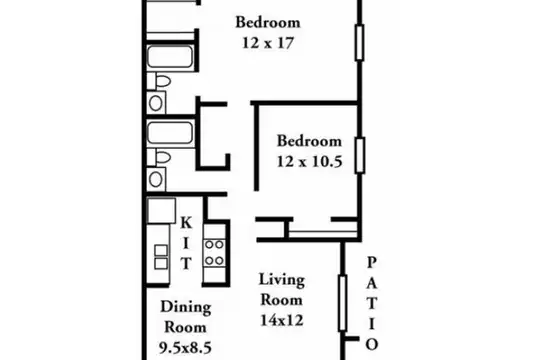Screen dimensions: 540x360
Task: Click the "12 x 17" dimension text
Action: (268, 43)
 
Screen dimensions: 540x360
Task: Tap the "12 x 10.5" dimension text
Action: (309, 161)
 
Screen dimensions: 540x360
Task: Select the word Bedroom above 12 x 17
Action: (268, 22)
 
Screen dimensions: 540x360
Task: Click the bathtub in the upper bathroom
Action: (170, 56)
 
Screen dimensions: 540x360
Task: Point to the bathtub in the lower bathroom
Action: (170, 133)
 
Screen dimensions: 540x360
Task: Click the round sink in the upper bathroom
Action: (156, 103)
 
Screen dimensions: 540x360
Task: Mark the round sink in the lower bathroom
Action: (156, 179)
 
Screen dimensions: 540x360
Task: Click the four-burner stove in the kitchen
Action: (214, 253)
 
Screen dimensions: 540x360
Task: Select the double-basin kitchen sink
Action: (161, 257)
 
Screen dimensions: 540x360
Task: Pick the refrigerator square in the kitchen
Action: (161, 210)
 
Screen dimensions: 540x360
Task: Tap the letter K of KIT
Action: (186, 223)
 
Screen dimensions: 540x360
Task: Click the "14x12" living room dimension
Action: (282, 320)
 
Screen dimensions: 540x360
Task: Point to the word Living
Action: (282, 280)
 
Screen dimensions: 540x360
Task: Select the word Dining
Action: (186, 307)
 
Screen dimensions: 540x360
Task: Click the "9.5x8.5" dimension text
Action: (185, 347)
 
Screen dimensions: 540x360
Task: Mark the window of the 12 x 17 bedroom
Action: (360, 43)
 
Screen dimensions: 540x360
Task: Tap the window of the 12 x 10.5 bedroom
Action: (360, 155)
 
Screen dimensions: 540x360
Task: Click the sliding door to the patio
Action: (342, 303)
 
